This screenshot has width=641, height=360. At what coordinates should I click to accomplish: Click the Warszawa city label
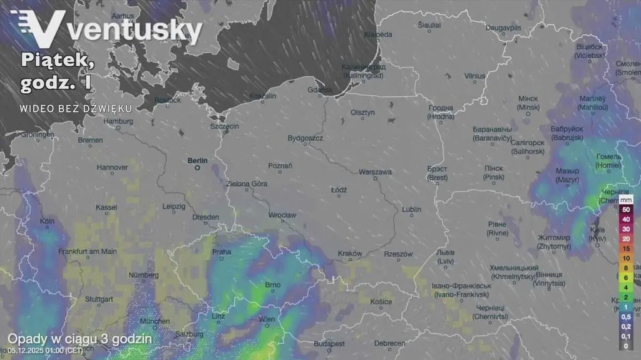376,172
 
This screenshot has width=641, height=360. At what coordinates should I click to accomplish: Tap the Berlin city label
197,160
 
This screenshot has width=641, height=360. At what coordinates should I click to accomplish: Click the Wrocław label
282,215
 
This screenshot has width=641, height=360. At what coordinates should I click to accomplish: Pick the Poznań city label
280,165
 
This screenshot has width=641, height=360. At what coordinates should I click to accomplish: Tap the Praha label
222,252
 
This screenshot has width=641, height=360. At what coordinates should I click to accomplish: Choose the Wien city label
267,319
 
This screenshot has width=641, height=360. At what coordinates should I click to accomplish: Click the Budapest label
329,344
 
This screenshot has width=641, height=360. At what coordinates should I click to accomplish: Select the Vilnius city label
474,76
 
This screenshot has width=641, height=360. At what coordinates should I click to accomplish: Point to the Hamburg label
119,121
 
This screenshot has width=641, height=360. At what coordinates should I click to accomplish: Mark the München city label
155,321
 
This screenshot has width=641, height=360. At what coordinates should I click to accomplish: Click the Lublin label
411,209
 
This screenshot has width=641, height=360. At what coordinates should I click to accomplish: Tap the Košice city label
381,302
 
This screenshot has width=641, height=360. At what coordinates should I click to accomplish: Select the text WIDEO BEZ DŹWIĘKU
76,108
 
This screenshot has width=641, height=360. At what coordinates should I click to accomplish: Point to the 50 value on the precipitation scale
625,209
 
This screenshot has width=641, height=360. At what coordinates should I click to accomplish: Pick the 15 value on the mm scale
625,249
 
